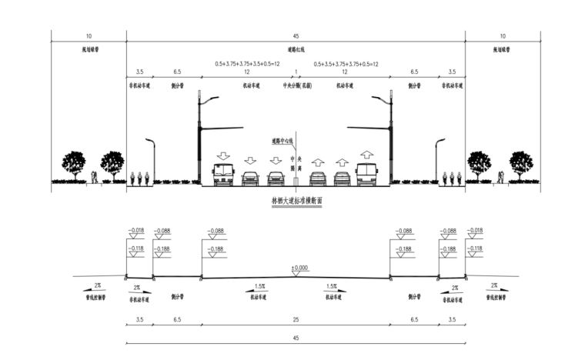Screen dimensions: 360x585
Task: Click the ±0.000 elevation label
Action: tap(299, 268)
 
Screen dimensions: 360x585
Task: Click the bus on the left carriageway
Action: tap(223, 175)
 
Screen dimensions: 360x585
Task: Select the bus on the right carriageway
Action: tap(366, 175)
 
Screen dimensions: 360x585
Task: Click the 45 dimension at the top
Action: tap(296, 35)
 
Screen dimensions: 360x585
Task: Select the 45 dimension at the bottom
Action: tap(296, 337)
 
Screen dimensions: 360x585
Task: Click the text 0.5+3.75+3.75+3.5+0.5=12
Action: tap(247, 64)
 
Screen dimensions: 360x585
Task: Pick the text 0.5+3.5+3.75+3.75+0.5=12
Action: tap(345, 64)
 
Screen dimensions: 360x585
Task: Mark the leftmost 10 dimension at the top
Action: tap(89, 35)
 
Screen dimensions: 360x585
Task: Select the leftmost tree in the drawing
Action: tap(74, 164)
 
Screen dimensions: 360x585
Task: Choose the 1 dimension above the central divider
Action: tap(296, 72)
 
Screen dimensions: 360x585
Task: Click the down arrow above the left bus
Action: tap(223, 155)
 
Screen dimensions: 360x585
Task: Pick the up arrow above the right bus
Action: tap(366, 155)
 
